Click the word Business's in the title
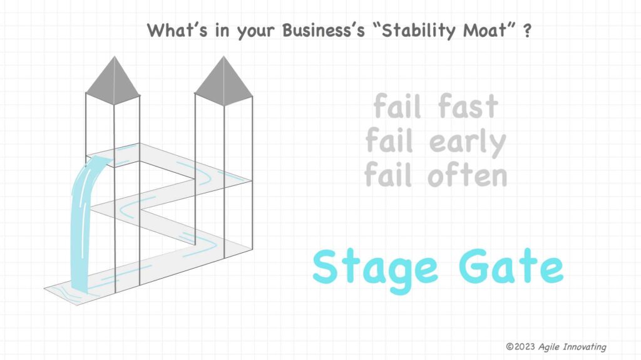click(323, 30)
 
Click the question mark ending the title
click(527, 31)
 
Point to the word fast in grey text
click(468, 106)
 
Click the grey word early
click(468, 142)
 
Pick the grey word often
click(467, 175)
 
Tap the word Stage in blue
click(375, 269)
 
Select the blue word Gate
click(511, 266)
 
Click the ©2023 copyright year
click(520, 346)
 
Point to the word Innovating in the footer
click(585, 347)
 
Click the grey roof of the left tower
click(113, 81)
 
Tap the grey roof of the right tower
click(223, 81)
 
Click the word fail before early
click(389, 140)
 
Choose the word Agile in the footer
click(549, 347)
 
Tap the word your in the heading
click(255, 32)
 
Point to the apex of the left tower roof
click(114, 56)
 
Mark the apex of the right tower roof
click(223, 56)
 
